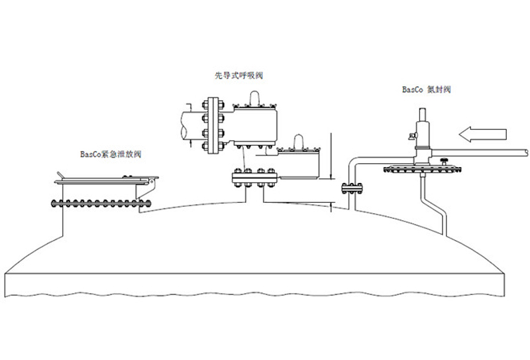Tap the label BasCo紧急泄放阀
coord(111,154)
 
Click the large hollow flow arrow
coord(484,136)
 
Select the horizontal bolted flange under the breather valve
coord(254,177)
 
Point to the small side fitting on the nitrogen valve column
coord(411,137)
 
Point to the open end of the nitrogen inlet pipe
coord(526,152)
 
